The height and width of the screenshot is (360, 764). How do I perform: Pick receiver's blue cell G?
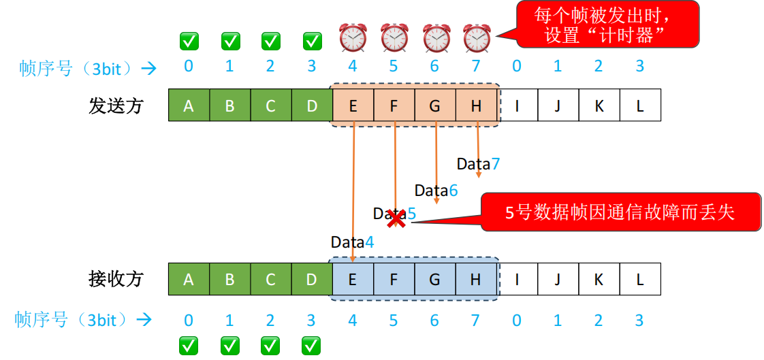(435, 279)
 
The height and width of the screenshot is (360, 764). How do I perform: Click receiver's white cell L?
(640, 279)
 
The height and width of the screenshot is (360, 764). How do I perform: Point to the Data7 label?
(478, 164)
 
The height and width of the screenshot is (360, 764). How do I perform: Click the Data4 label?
(352, 242)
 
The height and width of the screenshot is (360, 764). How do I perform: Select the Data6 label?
(436, 191)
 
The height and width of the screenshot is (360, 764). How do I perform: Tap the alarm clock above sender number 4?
(353, 37)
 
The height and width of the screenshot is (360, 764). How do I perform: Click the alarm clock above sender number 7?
(477, 37)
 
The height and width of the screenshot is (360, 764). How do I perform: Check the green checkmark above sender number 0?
(189, 41)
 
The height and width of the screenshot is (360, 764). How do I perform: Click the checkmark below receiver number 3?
(312, 345)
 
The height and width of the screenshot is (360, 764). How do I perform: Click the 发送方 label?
(116, 105)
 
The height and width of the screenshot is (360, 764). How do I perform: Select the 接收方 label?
(116, 279)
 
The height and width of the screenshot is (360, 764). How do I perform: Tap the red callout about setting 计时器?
(607, 24)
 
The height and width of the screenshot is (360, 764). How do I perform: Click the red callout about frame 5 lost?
(620, 212)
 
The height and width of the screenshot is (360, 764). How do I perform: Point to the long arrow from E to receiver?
(353, 191)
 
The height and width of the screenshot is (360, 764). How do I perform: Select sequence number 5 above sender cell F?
(394, 66)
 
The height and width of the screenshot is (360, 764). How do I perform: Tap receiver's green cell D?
(312, 279)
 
